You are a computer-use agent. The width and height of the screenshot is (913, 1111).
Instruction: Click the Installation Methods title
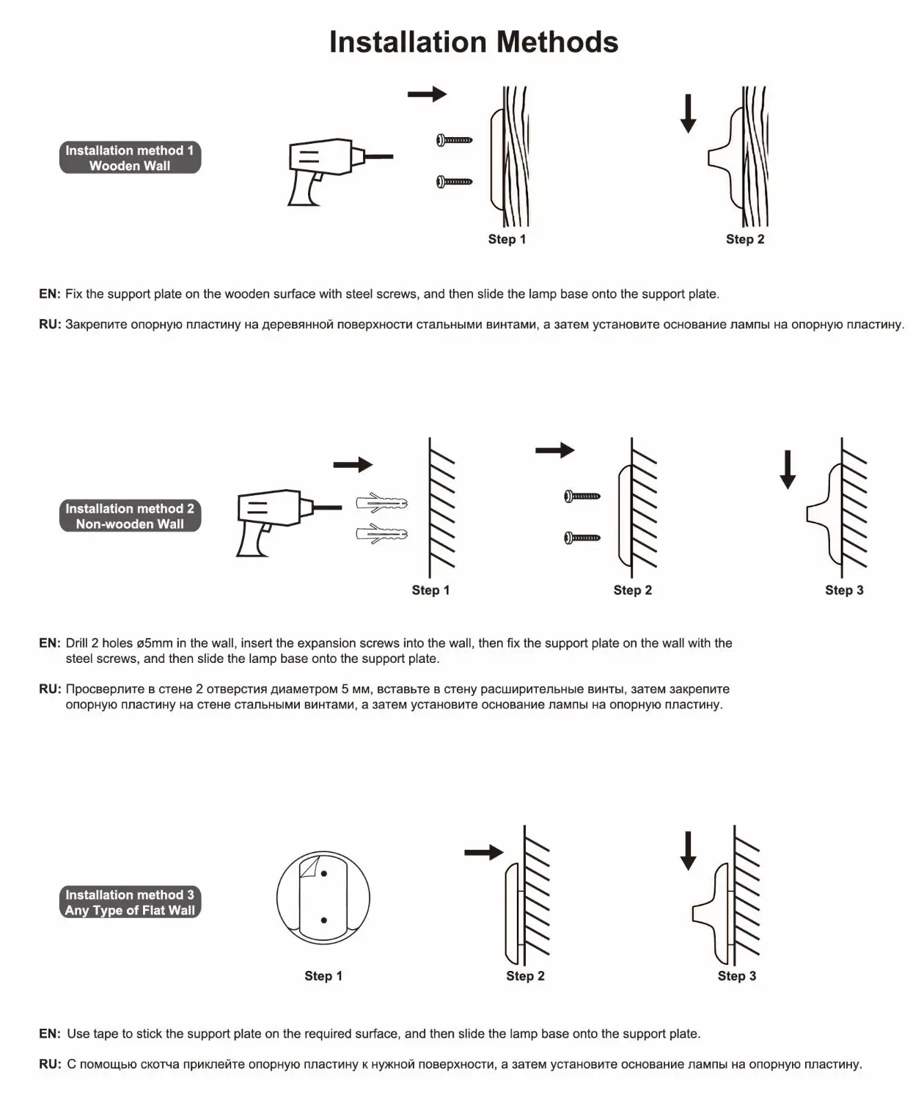(x=473, y=42)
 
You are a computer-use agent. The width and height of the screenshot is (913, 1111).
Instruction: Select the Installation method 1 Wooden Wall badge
(x=130, y=158)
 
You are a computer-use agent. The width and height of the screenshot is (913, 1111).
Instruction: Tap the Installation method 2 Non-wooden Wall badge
(x=130, y=516)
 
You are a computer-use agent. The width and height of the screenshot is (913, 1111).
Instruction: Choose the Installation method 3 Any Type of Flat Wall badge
(x=130, y=903)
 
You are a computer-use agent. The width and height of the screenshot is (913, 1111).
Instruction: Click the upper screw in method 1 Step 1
(x=454, y=139)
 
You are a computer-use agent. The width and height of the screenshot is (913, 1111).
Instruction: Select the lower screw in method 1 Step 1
(x=454, y=181)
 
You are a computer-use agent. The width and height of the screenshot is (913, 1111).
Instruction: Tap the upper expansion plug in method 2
(x=381, y=504)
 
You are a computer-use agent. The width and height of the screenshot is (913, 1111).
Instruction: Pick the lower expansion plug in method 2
(x=381, y=533)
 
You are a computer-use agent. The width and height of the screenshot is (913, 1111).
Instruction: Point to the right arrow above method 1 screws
(x=427, y=94)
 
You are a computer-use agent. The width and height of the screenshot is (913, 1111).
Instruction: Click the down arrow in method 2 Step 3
(x=788, y=469)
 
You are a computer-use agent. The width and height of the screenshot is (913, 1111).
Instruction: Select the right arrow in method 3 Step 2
(x=484, y=852)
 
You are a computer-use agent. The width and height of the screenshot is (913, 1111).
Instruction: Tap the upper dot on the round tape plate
(x=324, y=873)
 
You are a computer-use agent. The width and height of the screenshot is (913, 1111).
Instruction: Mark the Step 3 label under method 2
(x=844, y=590)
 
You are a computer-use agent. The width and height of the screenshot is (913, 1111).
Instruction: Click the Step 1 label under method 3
(x=323, y=976)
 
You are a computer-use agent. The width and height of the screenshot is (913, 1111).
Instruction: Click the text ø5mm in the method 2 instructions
(x=155, y=643)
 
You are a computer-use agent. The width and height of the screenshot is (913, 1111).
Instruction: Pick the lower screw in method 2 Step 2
(x=582, y=538)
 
